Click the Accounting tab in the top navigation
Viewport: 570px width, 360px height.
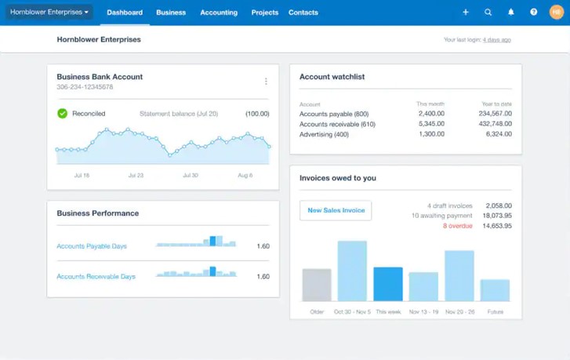[x=219, y=13]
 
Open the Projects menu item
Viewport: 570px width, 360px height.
[x=264, y=13]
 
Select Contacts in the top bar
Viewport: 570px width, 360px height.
[x=303, y=13]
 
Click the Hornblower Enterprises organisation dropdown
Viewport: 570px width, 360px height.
[x=49, y=13]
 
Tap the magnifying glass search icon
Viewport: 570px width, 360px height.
[x=488, y=13]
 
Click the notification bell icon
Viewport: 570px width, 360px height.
[x=510, y=13]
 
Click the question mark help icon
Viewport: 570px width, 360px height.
[x=533, y=13]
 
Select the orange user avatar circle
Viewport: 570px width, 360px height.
[x=556, y=13]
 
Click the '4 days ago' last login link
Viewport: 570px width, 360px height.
[x=496, y=39]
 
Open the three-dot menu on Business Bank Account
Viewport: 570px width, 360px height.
[x=266, y=82]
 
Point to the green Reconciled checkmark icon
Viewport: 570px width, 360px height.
[x=63, y=114]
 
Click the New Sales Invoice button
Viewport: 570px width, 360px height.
[x=336, y=210]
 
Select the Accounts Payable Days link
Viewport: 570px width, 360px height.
[x=92, y=246]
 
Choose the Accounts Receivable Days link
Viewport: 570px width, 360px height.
[x=96, y=277]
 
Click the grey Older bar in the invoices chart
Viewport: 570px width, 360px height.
[x=317, y=285]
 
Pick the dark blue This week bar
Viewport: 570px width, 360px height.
[x=387, y=285]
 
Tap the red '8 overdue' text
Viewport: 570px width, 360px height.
[x=458, y=226]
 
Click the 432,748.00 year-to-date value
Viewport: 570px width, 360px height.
[x=495, y=124]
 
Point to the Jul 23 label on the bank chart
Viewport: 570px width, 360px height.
[x=136, y=176]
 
